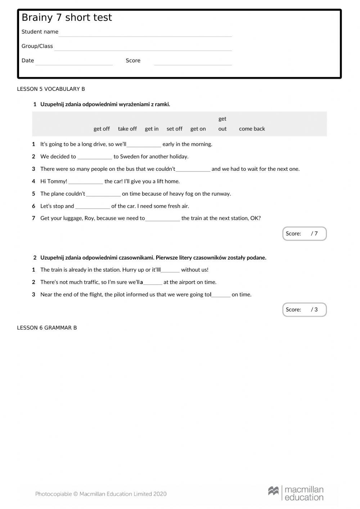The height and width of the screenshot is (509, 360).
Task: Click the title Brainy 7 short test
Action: click(67, 18)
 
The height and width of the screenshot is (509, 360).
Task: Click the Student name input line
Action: click(145, 33)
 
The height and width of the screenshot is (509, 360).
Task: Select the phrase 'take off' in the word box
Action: click(127, 129)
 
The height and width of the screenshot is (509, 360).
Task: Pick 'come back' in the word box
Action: click(252, 129)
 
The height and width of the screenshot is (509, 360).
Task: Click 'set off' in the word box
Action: click(174, 129)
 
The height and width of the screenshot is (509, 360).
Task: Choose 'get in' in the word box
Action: click(152, 129)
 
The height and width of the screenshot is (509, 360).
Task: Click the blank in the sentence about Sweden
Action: click(95, 157)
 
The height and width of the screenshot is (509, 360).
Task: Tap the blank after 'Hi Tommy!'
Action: click(86, 182)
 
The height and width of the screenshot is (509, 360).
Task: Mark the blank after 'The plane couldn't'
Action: click(103, 194)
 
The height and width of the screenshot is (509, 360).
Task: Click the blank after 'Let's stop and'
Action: click(93, 206)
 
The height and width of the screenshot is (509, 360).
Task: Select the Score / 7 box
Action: click(304, 233)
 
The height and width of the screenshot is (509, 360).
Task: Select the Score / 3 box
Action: click(304, 309)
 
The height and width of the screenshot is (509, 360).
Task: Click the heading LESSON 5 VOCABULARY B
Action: click(51, 89)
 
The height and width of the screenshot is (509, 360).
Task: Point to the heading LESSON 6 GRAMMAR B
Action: click(47, 328)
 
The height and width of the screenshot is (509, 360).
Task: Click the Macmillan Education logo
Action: click(296, 493)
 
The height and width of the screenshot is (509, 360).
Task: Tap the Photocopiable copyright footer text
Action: click(101, 494)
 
